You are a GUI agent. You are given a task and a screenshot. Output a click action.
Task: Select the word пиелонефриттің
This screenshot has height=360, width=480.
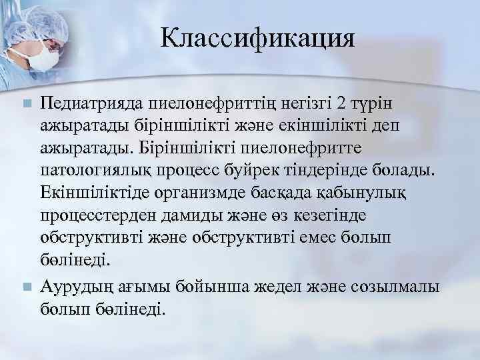pos(194,104)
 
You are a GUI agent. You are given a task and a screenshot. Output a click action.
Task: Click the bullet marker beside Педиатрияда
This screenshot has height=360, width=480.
pos(26,104)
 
